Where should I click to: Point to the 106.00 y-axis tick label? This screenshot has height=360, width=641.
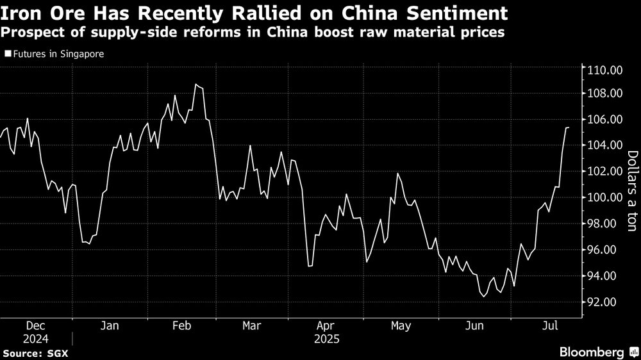pyautogui.click(x=605, y=119)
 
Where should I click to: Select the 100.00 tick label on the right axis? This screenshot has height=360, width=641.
pyautogui.click(x=605, y=197)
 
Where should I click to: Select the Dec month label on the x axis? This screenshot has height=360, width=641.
pyautogui.click(x=35, y=326)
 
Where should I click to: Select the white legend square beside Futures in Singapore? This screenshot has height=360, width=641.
pyautogui.click(x=7, y=54)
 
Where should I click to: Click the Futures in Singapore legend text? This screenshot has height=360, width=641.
pyautogui.click(x=58, y=54)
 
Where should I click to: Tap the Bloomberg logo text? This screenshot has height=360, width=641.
pyautogui.click(x=591, y=352)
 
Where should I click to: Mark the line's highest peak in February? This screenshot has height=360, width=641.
pyautogui.click(x=196, y=85)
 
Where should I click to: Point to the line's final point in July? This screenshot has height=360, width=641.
pyautogui.click(x=568, y=127)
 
